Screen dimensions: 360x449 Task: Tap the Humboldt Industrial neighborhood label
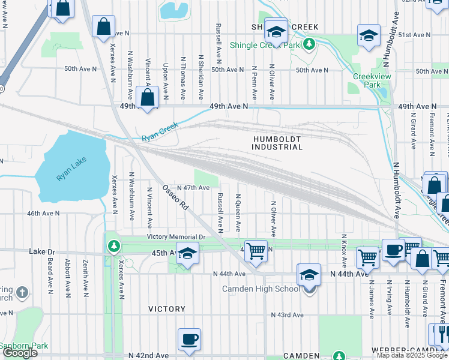click(x=277, y=143)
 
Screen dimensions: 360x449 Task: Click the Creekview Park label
click(x=367, y=80)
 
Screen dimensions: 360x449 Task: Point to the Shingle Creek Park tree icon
click(x=309, y=44)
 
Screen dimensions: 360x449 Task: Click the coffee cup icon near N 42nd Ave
click(x=190, y=339)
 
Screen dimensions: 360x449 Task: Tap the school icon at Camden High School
click(x=309, y=275)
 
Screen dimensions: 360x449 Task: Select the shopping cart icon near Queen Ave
click(x=256, y=250)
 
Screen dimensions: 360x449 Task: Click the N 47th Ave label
click(x=192, y=188)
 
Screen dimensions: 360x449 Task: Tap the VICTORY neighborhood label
click(x=167, y=309)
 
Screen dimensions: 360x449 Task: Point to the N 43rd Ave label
click(x=288, y=315)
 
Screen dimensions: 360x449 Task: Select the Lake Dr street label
click(x=41, y=253)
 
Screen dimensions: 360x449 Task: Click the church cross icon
click(x=22, y=293)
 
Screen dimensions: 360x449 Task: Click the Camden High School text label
click(x=260, y=289)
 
